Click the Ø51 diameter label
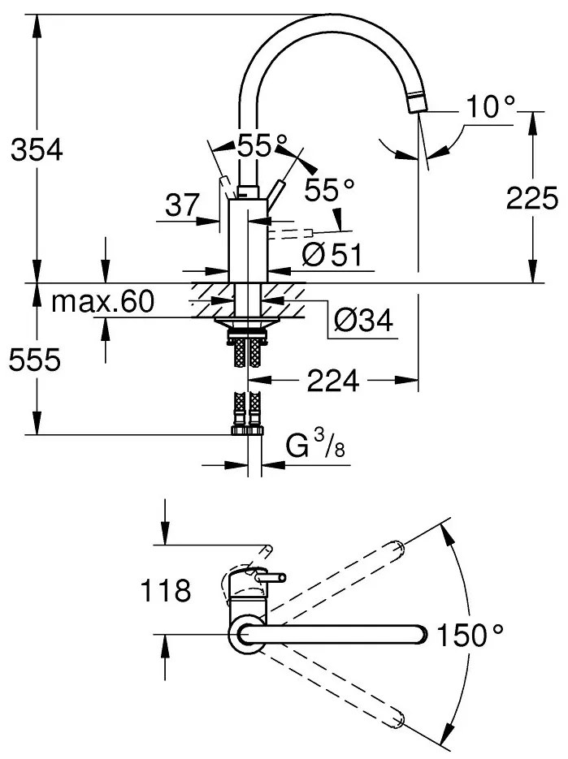[331, 254]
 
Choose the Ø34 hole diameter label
[362, 322]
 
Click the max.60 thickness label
[102, 302]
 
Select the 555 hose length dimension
[35, 360]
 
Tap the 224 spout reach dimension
[333, 380]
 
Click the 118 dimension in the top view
[166, 590]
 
